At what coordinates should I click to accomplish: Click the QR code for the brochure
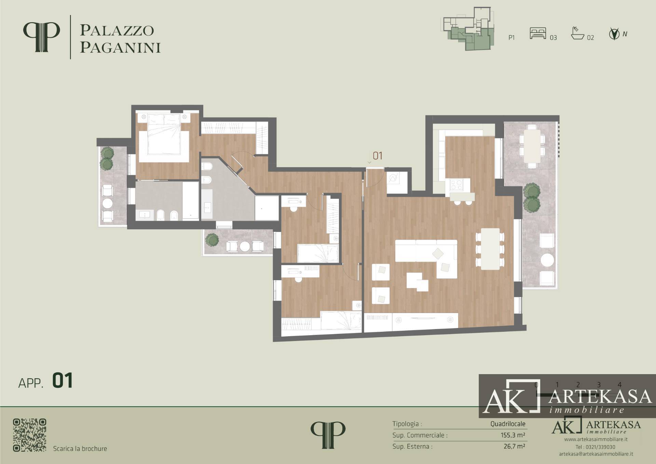tap(29, 435)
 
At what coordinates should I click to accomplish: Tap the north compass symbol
tap(614, 34)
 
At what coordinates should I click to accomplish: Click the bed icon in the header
tap(538, 33)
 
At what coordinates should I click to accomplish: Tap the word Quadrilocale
tap(508, 424)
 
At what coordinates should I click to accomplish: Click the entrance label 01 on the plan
tap(378, 156)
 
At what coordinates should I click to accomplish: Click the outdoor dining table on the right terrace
tap(532, 146)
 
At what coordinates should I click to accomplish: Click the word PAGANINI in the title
tap(120, 48)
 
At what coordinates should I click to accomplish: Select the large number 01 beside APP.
tap(63, 381)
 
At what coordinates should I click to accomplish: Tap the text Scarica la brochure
tap(80, 449)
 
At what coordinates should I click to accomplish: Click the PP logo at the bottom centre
tap(328, 435)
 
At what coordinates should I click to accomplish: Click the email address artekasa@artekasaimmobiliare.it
tap(596, 454)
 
